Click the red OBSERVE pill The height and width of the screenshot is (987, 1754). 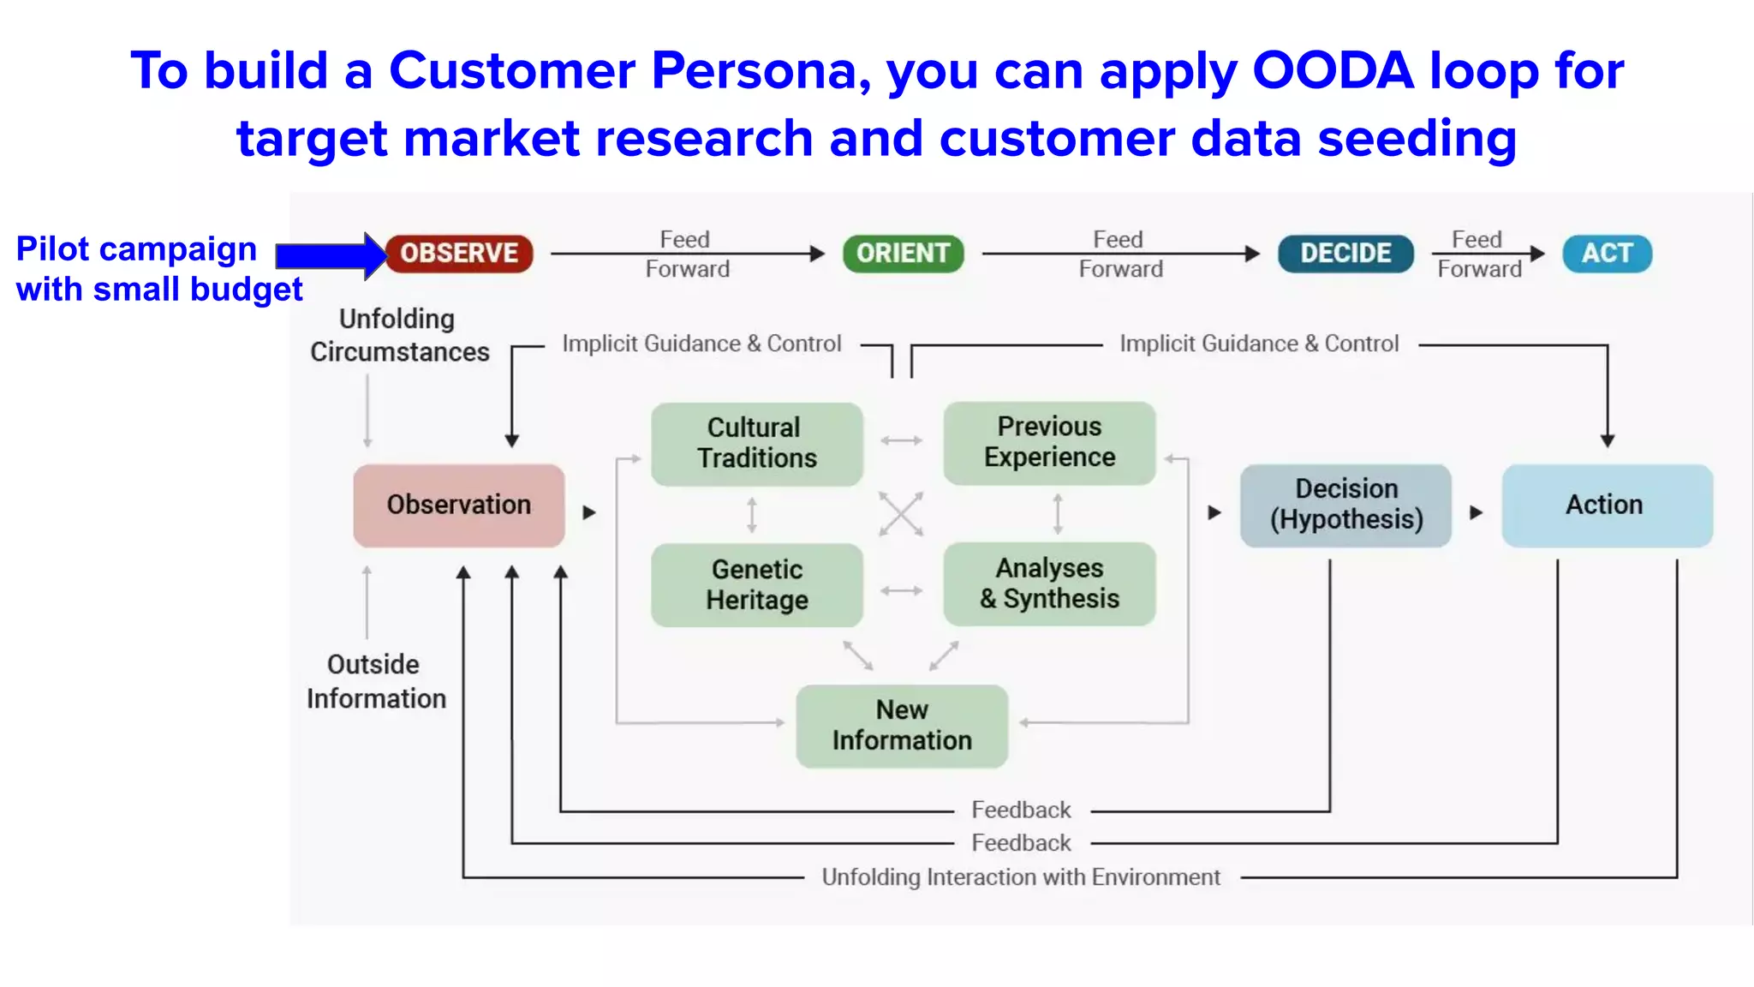(x=459, y=254)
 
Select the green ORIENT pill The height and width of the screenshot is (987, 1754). (x=903, y=254)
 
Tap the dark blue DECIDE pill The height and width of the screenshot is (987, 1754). (x=1345, y=254)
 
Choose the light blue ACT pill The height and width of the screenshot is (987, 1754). (x=1607, y=254)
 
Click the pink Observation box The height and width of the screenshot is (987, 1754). (x=459, y=505)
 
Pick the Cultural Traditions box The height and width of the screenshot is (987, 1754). (x=756, y=444)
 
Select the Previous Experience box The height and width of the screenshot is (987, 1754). (x=1049, y=443)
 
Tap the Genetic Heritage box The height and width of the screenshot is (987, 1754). (x=756, y=585)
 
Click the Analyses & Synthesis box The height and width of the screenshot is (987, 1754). (x=1049, y=583)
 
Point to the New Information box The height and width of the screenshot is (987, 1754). (x=902, y=726)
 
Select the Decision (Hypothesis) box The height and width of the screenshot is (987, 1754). (x=1345, y=505)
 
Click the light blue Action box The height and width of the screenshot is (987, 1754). (x=1607, y=505)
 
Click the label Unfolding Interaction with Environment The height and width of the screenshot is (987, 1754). (x=1021, y=877)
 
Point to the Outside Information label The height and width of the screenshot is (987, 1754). (x=376, y=682)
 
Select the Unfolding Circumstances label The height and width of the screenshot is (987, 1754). (x=399, y=336)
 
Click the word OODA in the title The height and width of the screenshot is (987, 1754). (x=1333, y=70)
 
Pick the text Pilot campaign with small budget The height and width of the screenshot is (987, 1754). (x=158, y=269)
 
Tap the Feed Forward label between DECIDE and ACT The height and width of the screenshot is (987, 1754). (x=1479, y=254)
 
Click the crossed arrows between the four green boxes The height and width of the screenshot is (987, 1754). (x=901, y=514)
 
